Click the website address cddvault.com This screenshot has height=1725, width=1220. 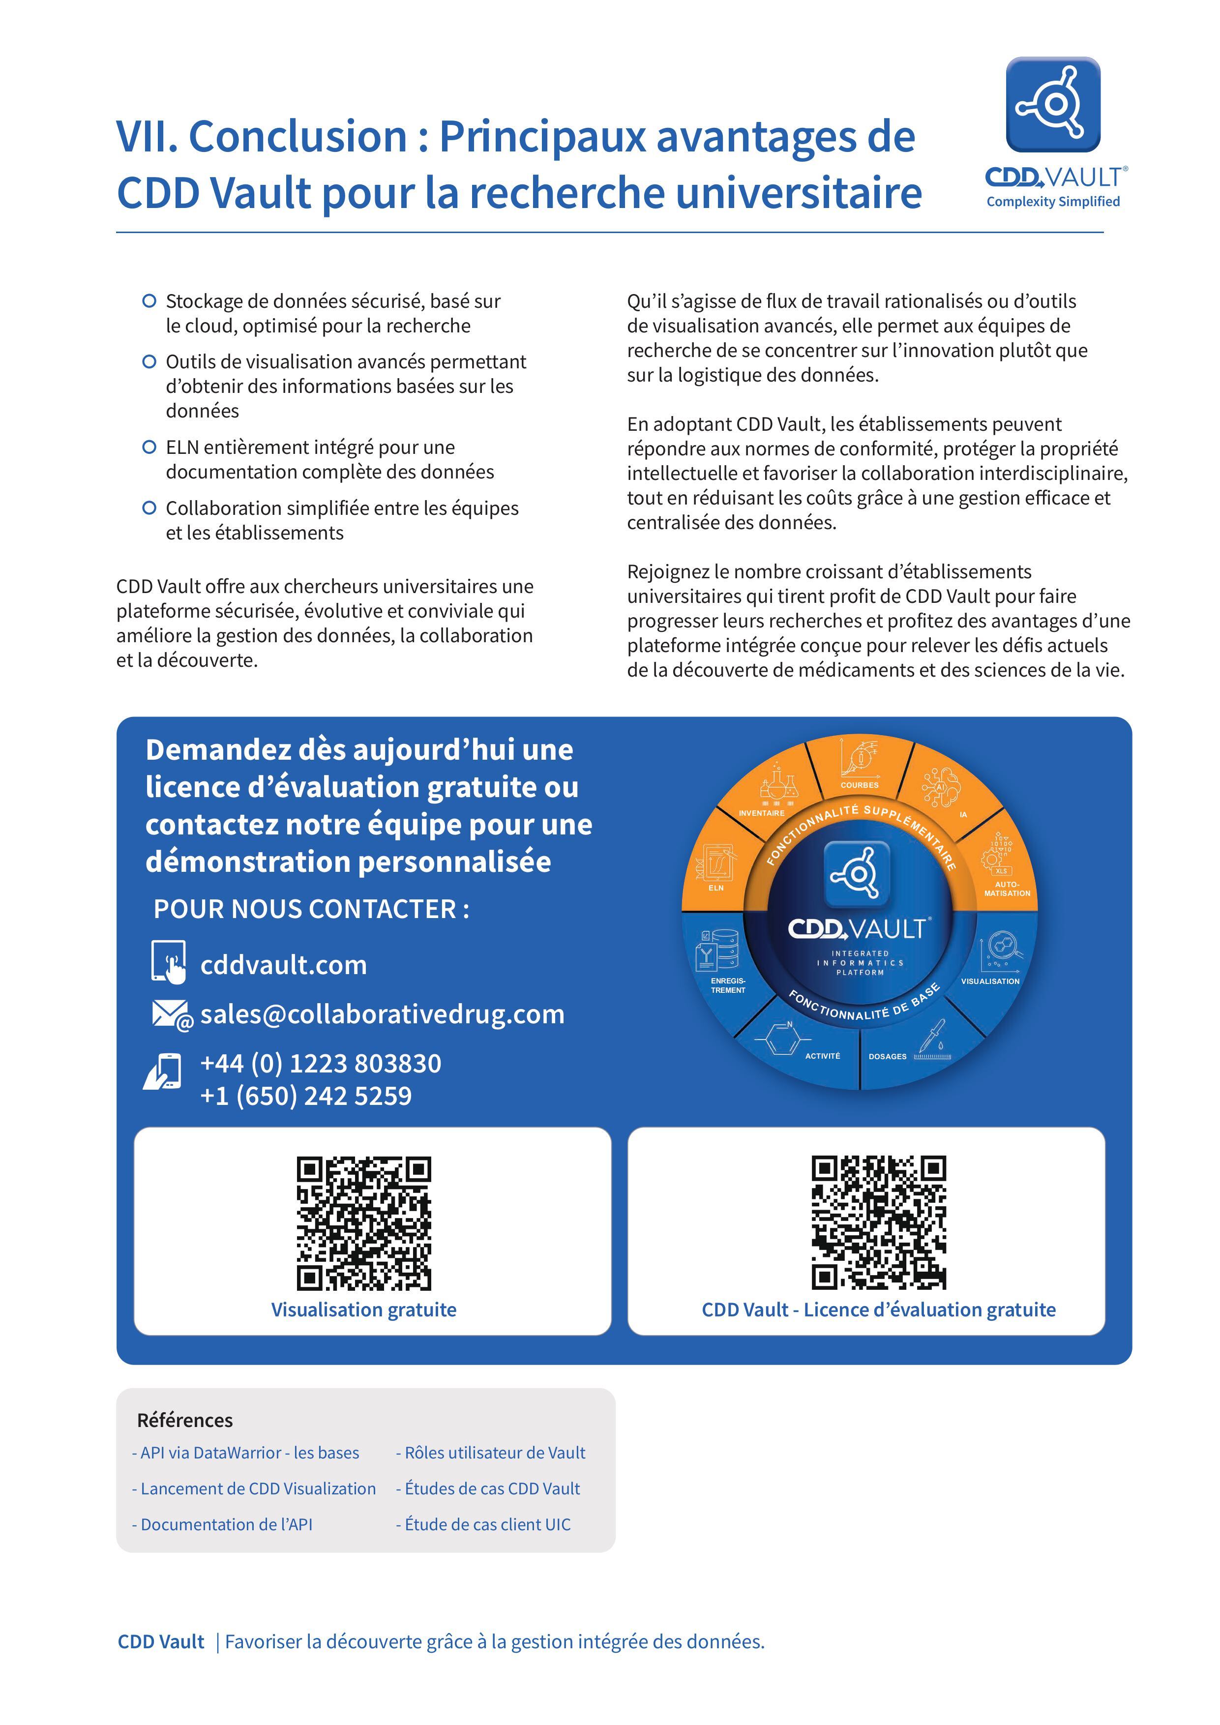283,965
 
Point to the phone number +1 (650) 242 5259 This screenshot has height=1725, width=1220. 306,1096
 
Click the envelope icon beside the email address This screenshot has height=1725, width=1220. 171,1014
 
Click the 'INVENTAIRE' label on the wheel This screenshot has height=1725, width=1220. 761,813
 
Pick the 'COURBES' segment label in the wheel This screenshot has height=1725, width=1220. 860,785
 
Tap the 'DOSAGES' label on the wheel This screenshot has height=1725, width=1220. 887,1056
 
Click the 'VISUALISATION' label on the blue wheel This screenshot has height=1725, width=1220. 990,981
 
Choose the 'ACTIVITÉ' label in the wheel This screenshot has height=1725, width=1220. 823,1056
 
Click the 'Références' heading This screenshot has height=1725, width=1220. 185,1420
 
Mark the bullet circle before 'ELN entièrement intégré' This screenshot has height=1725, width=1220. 149,447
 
